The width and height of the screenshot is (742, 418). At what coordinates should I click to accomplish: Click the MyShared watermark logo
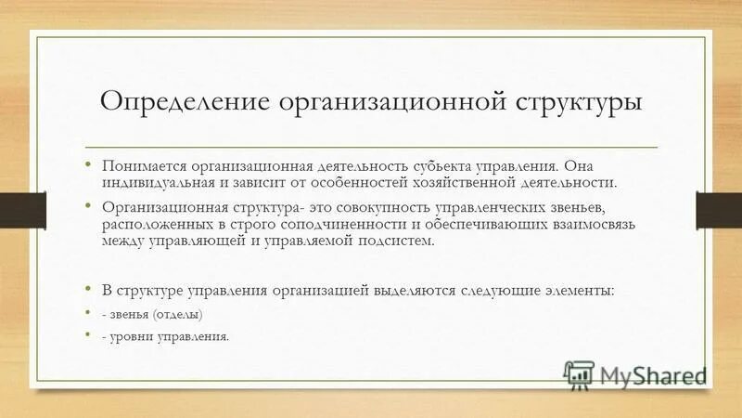pos(636,375)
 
